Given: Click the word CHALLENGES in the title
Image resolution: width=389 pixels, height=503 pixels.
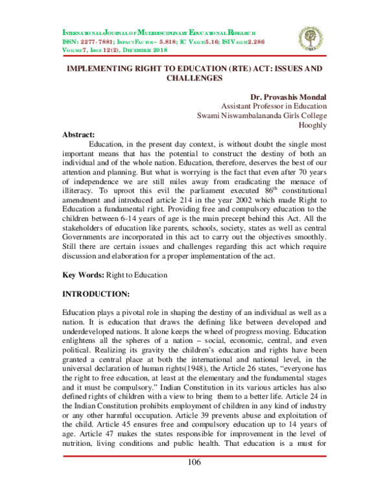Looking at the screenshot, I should pyautogui.click(x=194, y=78).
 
